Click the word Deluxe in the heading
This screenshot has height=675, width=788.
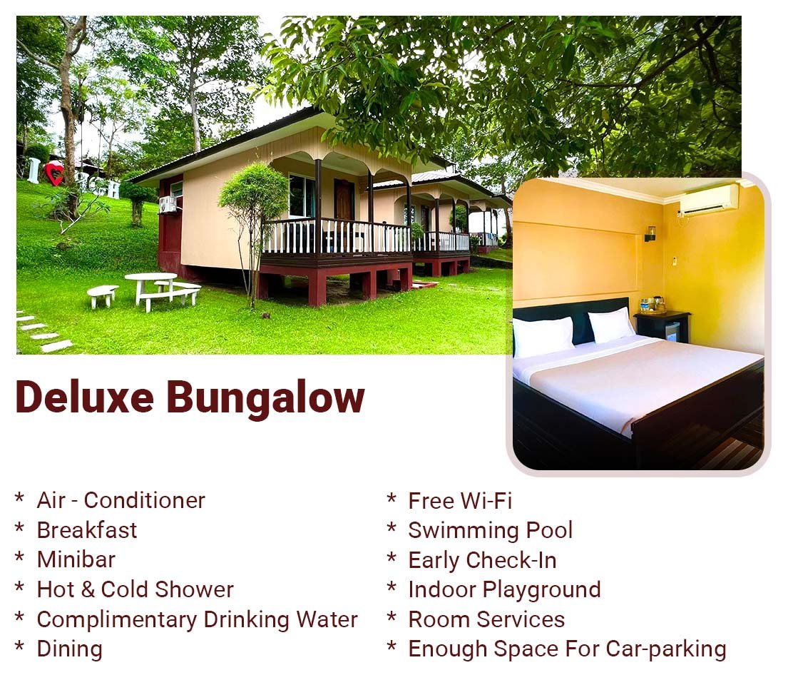tap(84, 397)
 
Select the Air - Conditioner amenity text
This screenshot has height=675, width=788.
tap(121, 500)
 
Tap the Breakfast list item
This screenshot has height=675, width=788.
tap(86, 530)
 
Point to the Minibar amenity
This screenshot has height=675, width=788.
tap(76, 559)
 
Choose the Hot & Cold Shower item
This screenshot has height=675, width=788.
tap(135, 589)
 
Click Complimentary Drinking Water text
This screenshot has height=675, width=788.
tap(197, 619)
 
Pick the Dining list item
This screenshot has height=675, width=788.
tap(69, 649)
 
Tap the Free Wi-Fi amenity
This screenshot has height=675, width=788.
tap(460, 501)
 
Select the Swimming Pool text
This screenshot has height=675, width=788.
tap(490, 530)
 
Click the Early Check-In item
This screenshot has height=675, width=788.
tap(482, 560)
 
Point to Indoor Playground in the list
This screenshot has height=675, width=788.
tap(504, 589)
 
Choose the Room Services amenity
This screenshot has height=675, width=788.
tap(486, 619)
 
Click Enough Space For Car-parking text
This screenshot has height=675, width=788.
tap(567, 649)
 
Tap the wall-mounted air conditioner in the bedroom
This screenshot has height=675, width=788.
tap(708, 198)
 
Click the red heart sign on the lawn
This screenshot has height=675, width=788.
tap(54, 173)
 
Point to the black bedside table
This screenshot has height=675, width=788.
tap(662, 326)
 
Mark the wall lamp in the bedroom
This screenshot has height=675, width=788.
tap(650, 233)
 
